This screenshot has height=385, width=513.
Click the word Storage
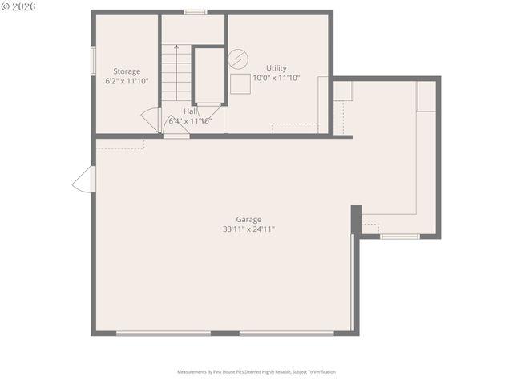(x=127, y=71)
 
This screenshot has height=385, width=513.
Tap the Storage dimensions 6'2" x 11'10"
(x=127, y=81)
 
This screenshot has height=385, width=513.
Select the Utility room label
(x=276, y=68)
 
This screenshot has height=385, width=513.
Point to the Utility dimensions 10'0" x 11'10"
(x=276, y=78)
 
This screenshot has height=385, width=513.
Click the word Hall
(x=190, y=111)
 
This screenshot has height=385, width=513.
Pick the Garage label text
(x=248, y=219)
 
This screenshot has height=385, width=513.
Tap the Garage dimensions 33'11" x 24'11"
(x=248, y=229)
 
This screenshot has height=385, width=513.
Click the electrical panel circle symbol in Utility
(x=238, y=59)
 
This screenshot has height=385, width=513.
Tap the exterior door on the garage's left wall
(x=83, y=180)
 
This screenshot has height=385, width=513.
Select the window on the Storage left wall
(x=93, y=60)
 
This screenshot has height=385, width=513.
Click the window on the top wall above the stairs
(x=195, y=12)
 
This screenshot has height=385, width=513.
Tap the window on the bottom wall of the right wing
(x=398, y=237)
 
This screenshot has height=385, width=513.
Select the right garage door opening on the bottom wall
(x=287, y=333)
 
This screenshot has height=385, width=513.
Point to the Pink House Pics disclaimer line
(x=256, y=372)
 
